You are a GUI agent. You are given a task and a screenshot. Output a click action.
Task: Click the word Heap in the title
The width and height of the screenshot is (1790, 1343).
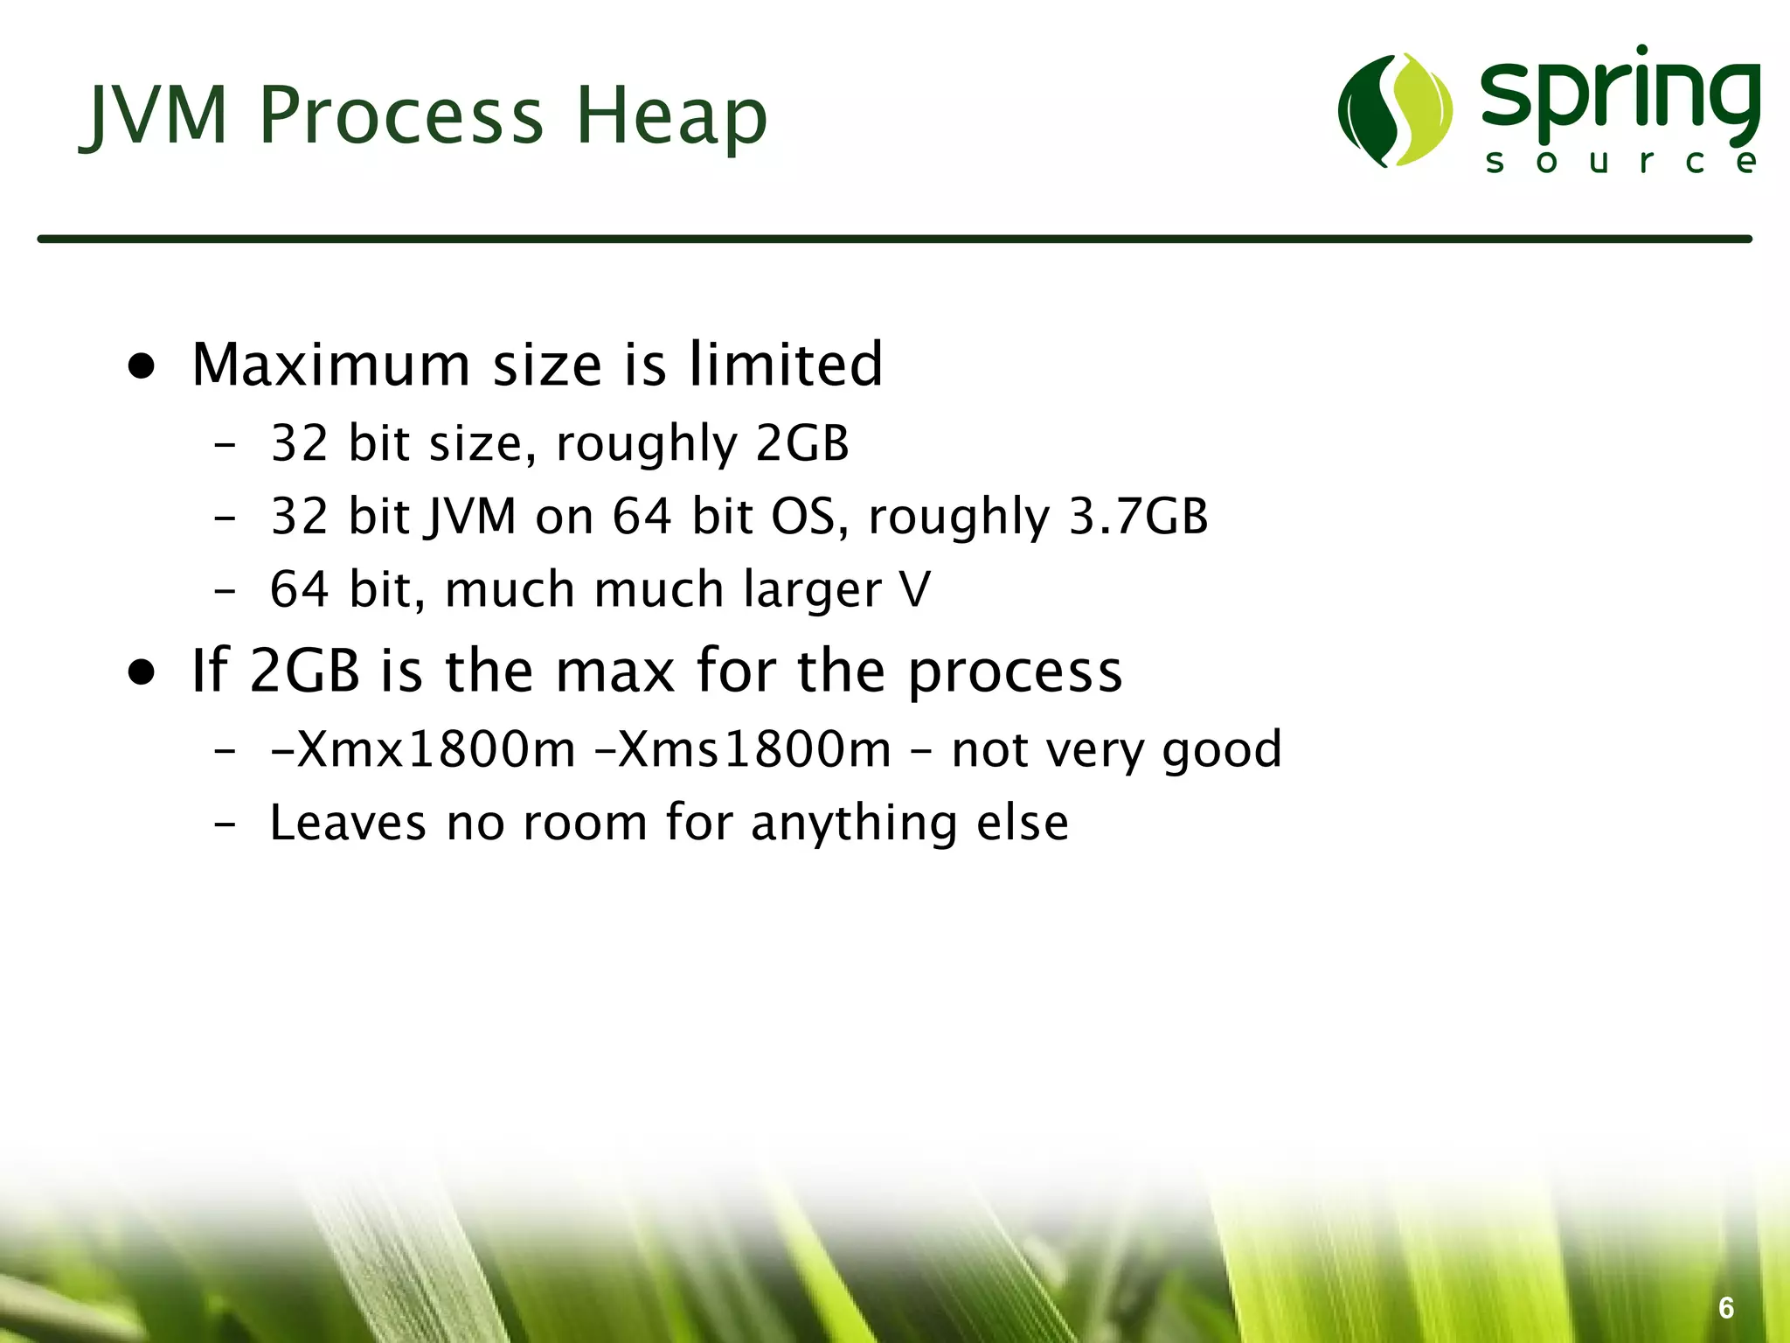671,115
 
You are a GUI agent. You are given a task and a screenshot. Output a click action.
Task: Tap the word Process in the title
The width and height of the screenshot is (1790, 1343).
402,115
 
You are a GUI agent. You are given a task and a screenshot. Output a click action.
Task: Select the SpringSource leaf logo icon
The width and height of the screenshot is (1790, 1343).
1395,110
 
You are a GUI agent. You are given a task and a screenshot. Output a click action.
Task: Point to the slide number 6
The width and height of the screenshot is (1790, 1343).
1725,1307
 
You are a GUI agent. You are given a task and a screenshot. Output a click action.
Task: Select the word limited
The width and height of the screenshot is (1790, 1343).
786,365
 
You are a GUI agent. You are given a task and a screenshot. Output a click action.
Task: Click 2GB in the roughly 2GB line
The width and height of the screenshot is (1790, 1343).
801,443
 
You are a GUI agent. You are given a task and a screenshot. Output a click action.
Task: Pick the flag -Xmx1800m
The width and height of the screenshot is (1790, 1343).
423,750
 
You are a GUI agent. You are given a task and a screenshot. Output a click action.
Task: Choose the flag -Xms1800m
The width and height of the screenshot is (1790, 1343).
742,750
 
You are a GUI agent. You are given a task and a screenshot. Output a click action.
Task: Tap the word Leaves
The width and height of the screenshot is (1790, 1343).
347,823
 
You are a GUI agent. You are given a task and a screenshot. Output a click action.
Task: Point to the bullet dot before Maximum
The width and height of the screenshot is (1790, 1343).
142,366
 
